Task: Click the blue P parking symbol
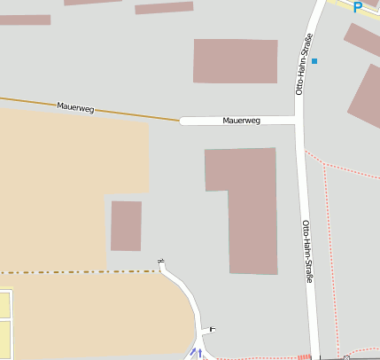[357, 7]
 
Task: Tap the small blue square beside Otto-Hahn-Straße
[314, 61]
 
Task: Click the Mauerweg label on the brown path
[75, 107]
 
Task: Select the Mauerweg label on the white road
[241, 120]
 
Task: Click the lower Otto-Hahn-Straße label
[308, 251]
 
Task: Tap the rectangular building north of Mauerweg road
[235, 61]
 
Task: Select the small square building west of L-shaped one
[126, 225]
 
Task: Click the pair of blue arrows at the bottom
[196, 354]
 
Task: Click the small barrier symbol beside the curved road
[212, 330]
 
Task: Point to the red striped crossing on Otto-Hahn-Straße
[305, 356]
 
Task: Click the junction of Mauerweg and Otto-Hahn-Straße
[299, 120]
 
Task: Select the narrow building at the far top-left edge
[25, 20]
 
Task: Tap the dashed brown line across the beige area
[80, 271]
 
